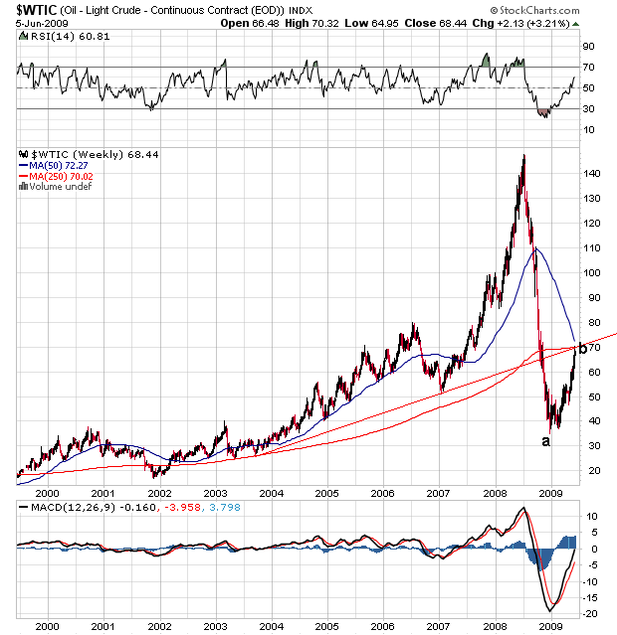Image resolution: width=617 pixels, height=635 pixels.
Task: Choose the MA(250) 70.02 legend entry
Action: (62, 176)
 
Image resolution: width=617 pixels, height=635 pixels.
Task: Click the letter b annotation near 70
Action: (582, 348)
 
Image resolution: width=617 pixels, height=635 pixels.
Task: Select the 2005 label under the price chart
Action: (327, 492)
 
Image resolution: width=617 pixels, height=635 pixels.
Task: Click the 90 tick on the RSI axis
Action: (588, 46)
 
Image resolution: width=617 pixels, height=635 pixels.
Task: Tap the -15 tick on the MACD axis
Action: (589, 597)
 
